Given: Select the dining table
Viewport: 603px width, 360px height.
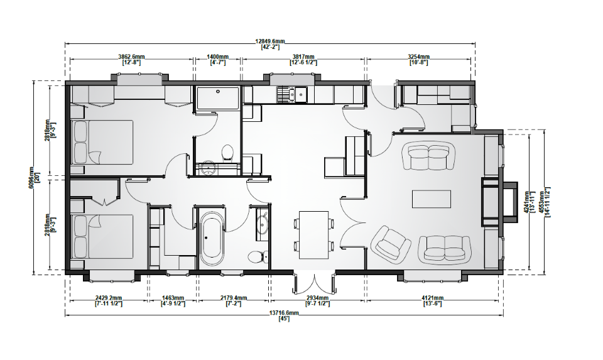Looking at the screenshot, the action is click(x=314, y=235).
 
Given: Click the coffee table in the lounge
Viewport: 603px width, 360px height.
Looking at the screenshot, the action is click(x=432, y=199).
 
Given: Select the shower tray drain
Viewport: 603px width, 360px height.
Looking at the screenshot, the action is click(x=218, y=92).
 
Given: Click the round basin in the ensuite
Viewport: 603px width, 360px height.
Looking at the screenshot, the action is click(x=209, y=168).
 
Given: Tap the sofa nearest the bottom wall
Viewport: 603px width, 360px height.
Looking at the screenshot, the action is click(x=445, y=249).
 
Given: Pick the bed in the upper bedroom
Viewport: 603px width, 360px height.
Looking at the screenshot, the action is click(x=102, y=142).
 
